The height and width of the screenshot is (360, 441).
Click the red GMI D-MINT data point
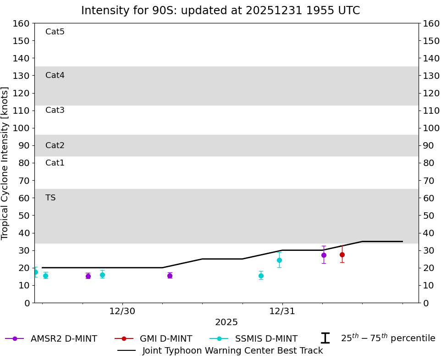coord(342,255)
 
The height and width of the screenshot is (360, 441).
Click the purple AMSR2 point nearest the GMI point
coord(324,255)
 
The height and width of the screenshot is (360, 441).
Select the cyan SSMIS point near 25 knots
coord(279,260)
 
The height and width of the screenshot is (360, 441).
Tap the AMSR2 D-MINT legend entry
coord(51,338)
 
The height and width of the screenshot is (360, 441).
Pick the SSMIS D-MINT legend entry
coord(254,338)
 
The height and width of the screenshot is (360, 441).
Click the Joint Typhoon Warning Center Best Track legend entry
coord(220,350)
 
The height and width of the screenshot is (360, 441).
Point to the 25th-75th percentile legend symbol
coord(325,338)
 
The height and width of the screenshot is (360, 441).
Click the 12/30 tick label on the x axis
coord(122,311)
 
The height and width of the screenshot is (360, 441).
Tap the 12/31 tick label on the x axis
coord(282,311)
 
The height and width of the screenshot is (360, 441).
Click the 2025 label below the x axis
coord(226,322)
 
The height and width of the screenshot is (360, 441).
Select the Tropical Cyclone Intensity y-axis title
coord(5,163)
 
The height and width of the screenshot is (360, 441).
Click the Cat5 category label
coord(55,32)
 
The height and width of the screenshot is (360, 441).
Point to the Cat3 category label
coord(55,110)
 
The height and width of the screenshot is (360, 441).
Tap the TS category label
coord(50,198)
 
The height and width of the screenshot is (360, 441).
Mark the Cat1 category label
coord(55,163)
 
